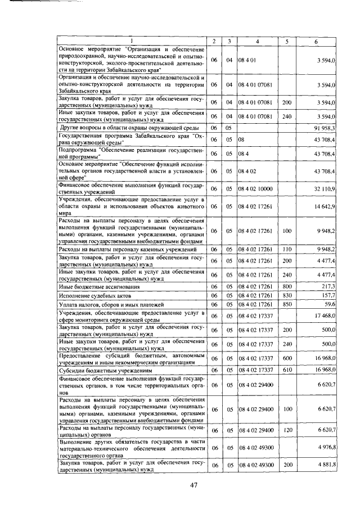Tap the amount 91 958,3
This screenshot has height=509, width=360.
325,128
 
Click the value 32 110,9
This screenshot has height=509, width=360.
325,188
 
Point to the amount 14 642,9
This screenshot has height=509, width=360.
325,207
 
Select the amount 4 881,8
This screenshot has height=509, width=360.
326,466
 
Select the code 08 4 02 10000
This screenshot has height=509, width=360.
256,188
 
